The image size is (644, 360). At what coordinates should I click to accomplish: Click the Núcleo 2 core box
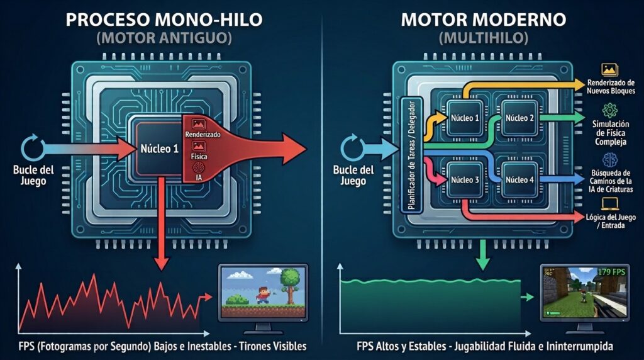(x=519, y=118)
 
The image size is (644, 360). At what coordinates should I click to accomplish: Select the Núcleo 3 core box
(x=465, y=179)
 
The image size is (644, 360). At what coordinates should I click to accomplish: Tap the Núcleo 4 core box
(x=519, y=179)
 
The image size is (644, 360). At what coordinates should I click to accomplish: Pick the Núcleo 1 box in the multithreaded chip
(x=465, y=118)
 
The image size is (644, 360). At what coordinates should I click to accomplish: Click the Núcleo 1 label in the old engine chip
(x=159, y=149)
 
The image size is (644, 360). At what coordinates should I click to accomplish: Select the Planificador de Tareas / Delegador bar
(x=411, y=155)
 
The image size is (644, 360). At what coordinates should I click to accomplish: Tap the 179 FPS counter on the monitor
(x=611, y=272)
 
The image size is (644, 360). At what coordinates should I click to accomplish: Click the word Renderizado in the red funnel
(x=203, y=135)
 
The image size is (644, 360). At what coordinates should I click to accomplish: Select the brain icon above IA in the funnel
(x=199, y=167)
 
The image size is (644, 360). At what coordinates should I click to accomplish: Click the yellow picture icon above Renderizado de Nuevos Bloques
(x=609, y=69)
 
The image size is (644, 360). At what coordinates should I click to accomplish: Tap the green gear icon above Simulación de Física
(x=610, y=111)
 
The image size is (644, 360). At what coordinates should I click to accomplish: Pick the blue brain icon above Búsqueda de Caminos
(x=610, y=160)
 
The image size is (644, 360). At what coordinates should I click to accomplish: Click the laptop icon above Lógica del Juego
(x=610, y=203)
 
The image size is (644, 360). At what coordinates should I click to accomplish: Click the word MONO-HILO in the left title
(x=209, y=20)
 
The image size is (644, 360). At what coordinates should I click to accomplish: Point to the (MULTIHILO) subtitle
(x=484, y=38)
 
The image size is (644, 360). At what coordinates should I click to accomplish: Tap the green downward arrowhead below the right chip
(x=482, y=264)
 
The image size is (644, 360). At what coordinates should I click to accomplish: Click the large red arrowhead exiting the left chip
(x=293, y=149)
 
